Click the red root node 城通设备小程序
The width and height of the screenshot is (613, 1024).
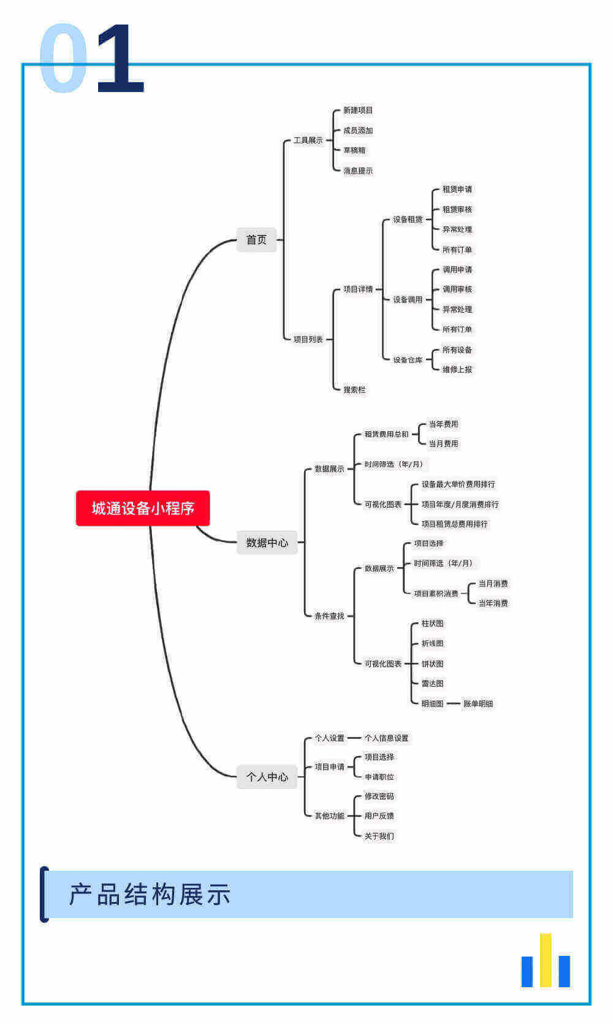pos(143,508)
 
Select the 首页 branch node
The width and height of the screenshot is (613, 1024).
pos(256,240)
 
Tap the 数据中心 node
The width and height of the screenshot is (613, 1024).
pos(267,543)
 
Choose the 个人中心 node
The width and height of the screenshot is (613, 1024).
pos(267,777)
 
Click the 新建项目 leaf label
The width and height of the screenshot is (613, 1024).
pos(358,110)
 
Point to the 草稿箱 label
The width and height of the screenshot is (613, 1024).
pos(354,150)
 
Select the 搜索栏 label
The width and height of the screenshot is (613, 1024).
pos(354,389)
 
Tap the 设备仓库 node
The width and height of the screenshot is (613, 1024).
pos(408,360)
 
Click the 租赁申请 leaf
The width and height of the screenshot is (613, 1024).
pos(457,189)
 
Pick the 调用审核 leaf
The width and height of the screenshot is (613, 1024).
pos(457,289)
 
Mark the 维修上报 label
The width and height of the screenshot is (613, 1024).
pos(457,370)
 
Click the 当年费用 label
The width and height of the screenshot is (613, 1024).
pos(443,424)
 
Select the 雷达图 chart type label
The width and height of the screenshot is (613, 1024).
pos(432,684)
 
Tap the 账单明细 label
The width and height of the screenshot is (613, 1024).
pos(478,704)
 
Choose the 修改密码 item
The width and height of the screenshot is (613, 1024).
pos(379,797)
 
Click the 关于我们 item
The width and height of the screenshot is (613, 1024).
pos(379,836)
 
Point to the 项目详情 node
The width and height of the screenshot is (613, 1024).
pos(358,289)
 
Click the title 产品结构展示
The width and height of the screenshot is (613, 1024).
pos(150,895)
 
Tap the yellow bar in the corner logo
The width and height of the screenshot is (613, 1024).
pos(546,960)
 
